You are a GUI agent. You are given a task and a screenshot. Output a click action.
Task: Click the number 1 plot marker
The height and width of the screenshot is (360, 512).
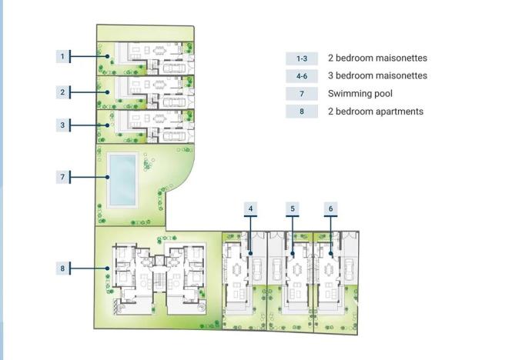pyautogui.click(x=62, y=56)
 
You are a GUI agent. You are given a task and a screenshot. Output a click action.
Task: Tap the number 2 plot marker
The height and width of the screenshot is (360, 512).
pyautogui.click(x=62, y=92)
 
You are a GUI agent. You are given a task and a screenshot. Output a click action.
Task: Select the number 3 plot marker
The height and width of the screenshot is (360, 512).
pyautogui.click(x=62, y=125)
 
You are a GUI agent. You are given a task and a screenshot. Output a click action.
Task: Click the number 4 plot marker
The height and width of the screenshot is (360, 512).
pyautogui.click(x=250, y=208)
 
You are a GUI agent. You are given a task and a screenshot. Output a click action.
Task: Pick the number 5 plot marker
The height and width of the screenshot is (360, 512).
pyautogui.click(x=293, y=208)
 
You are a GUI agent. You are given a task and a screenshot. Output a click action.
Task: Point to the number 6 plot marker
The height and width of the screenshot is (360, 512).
pyautogui.click(x=330, y=208)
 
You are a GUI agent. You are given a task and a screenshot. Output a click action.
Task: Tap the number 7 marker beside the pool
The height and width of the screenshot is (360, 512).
pyautogui.click(x=62, y=178)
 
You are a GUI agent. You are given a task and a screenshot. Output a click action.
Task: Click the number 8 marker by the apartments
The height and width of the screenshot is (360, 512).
pyautogui.click(x=62, y=268)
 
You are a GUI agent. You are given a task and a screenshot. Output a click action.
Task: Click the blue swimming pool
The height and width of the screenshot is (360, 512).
pyautogui.click(x=123, y=179)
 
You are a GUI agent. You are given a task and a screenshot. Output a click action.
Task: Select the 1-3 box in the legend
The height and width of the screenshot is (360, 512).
pyautogui.click(x=302, y=58)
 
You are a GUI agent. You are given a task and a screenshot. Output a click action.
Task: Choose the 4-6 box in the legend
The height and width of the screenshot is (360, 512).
pyautogui.click(x=302, y=76)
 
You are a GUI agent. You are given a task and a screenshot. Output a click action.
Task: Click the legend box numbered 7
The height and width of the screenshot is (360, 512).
pyautogui.click(x=302, y=94)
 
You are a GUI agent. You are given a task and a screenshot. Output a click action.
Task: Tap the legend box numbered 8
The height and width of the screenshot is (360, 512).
pyautogui.click(x=302, y=112)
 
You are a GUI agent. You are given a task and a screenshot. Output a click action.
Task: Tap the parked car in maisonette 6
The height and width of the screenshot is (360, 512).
pyautogui.click(x=348, y=268)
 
